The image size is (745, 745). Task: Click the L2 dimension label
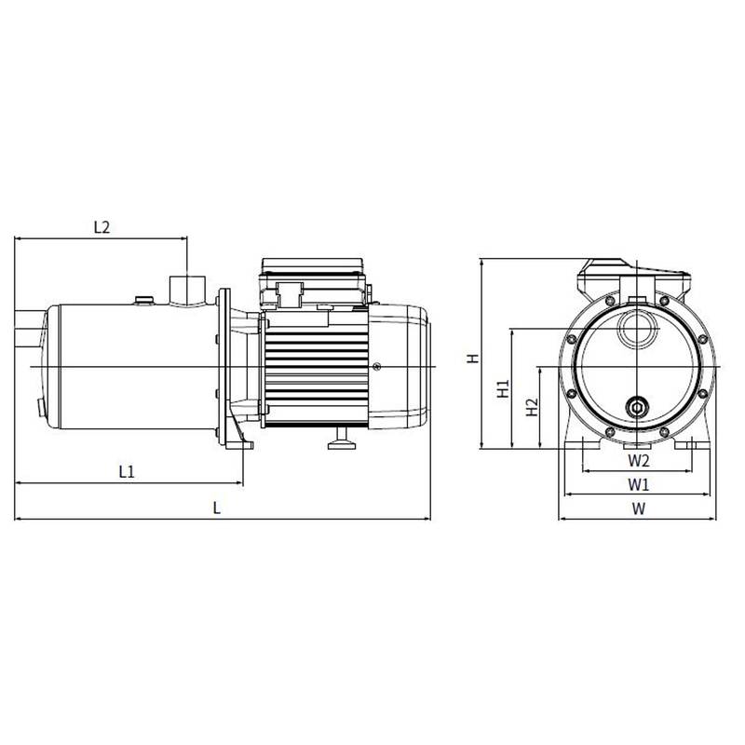[x=102, y=226]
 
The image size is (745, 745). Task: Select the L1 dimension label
[x=128, y=472]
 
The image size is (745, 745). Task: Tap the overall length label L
[x=217, y=508]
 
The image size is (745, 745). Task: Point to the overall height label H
[x=472, y=358]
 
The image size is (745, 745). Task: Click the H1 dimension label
[x=503, y=388]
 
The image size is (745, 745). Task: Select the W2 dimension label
[x=637, y=460]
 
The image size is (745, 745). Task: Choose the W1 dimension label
[x=637, y=484]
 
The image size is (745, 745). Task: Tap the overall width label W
[x=637, y=508]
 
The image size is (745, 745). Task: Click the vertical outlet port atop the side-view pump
[x=186, y=287]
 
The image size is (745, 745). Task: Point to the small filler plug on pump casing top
[x=143, y=299]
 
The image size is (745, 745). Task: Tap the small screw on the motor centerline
[x=377, y=367]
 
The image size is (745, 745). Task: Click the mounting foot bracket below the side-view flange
[x=238, y=443]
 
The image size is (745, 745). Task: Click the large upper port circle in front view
[x=638, y=331]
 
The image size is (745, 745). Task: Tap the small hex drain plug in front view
[x=638, y=407]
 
